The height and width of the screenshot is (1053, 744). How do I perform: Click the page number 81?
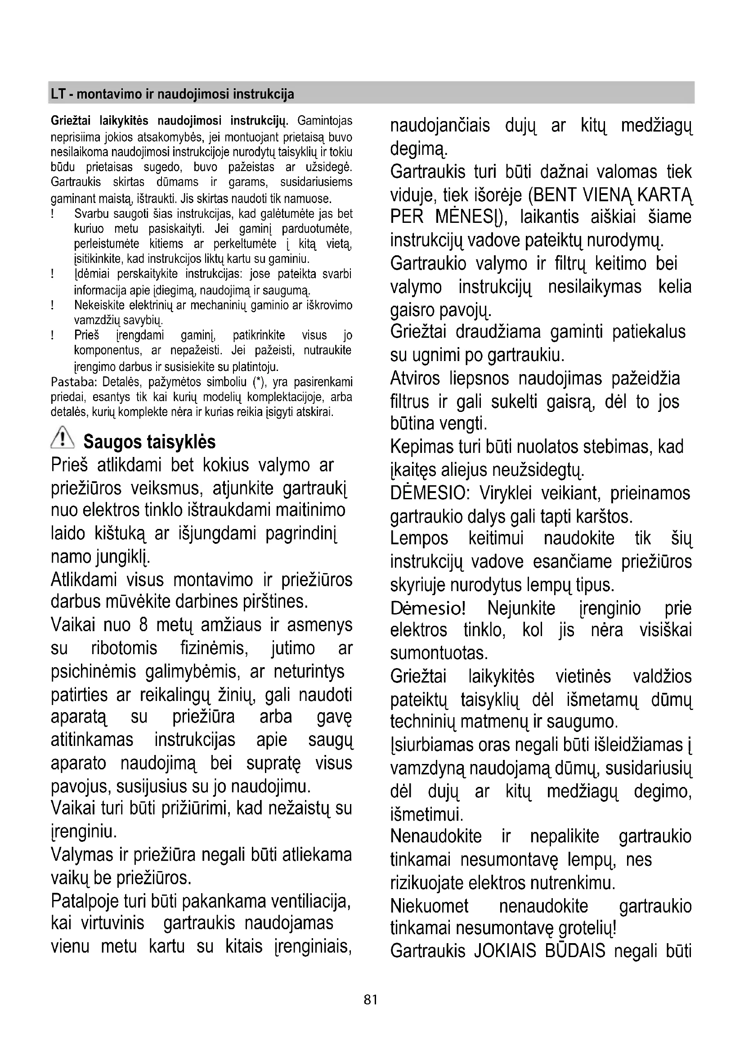coord(370,1000)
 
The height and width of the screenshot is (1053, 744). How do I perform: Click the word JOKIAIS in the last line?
coord(505,951)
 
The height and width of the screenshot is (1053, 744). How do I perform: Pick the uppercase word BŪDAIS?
coord(575,951)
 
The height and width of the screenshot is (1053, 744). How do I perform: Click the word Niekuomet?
coord(429,906)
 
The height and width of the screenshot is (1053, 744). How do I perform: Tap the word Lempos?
coord(419,538)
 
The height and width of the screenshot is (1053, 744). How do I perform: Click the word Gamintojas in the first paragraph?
coord(325,121)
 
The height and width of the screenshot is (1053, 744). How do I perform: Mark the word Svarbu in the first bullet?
coord(90,214)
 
